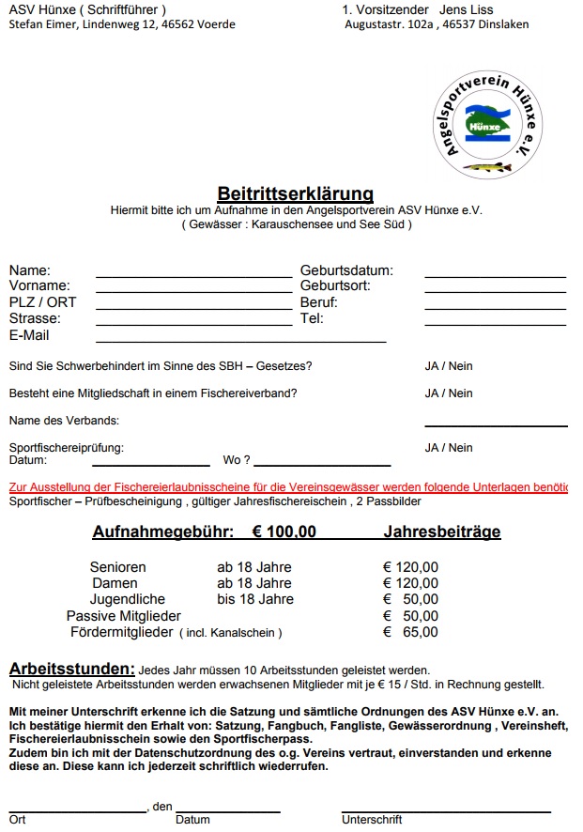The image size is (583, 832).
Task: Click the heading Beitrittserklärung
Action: coord(296,194)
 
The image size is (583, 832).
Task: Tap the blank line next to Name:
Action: coord(193,275)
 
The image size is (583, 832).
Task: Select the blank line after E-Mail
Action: coord(240,340)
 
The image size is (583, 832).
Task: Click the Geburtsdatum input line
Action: coord(495,275)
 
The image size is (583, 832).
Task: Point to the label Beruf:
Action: coord(319,302)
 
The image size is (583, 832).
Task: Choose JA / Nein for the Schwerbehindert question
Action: coord(449,366)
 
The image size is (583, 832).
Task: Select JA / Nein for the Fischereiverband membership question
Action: coord(449,393)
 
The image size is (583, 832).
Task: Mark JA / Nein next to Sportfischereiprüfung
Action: coord(449,448)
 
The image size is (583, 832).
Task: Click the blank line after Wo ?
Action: coord(322,464)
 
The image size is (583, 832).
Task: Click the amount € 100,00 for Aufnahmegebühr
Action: coord(284,532)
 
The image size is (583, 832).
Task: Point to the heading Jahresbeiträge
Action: coord(442,532)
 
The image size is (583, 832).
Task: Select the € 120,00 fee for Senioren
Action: coord(410,567)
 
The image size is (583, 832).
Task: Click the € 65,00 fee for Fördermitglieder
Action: coord(410,632)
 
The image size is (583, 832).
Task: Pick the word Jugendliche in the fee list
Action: coord(128,599)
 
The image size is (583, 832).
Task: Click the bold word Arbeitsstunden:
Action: coord(72,669)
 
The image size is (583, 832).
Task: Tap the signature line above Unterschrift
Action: coord(446,809)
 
